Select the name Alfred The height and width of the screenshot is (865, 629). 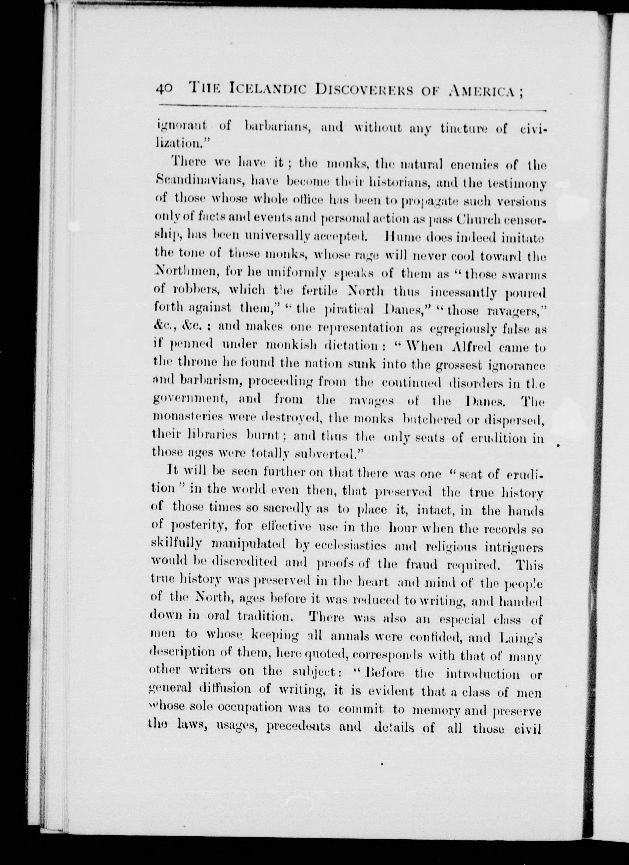pyautogui.click(x=473, y=347)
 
